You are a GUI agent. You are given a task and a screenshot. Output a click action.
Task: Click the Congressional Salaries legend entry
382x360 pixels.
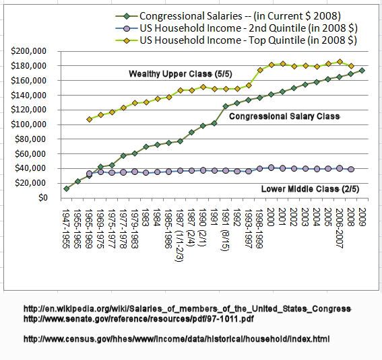click(x=228, y=16)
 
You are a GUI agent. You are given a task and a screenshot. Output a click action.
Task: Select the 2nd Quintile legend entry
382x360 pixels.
click(x=236, y=28)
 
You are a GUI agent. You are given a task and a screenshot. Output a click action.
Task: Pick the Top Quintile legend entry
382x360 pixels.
click(x=236, y=40)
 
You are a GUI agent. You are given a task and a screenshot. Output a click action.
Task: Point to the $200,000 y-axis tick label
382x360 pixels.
click(x=29, y=51)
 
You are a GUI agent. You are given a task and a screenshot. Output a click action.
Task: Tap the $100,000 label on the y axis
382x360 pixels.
click(x=29, y=124)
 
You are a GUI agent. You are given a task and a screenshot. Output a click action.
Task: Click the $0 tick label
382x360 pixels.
click(x=42, y=198)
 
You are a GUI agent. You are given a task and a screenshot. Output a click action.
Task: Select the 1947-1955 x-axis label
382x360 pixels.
click(x=66, y=229)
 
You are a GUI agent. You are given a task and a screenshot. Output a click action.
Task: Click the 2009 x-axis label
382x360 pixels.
click(x=362, y=217)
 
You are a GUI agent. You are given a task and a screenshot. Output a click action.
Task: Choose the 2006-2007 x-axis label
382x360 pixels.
click(x=339, y=228)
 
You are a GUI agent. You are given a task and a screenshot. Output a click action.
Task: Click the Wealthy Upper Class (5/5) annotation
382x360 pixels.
click(x=181, y=74)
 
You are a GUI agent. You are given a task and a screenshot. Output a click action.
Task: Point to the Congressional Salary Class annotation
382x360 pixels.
click(x=284, y=116)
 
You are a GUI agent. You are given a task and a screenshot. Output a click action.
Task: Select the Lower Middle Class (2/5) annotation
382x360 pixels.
click(x=310, y=189)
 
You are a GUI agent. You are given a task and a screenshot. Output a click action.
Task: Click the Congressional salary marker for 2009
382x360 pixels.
click(x=362, y=71)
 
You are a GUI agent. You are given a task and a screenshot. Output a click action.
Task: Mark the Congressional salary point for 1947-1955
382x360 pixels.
click(x=67, y=188)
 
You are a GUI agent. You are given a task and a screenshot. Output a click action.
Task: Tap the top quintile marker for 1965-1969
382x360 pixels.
click(x=89, y=119)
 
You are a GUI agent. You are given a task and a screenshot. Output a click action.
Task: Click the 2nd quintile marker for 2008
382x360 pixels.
click(x=351, y=170)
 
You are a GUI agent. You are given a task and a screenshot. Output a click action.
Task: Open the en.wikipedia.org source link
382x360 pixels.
click(x=187, y=309)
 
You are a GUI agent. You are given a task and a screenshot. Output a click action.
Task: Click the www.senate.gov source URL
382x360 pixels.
click(x=139, y=319)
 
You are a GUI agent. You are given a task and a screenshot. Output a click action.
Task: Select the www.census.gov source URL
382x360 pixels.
click(x=177, y=339)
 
